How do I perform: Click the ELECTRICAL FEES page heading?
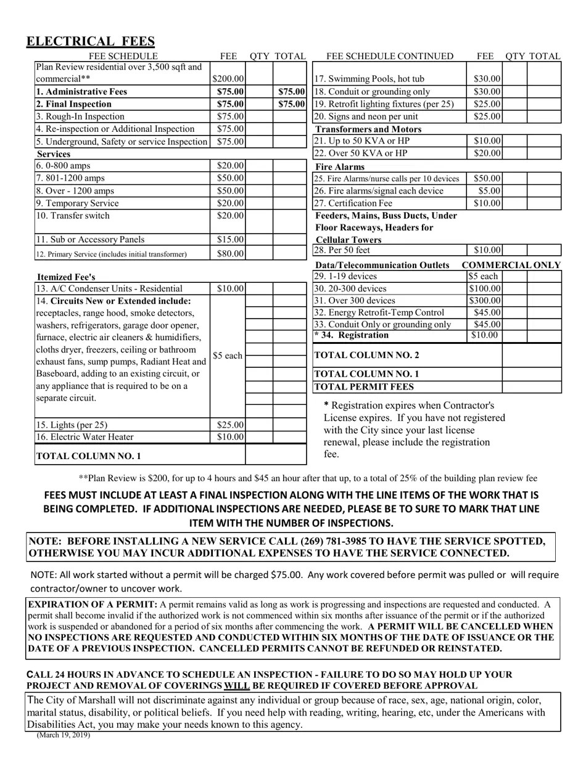(90, 41)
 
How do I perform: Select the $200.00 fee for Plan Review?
(228, 79)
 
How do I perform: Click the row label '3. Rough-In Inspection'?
(80, 116)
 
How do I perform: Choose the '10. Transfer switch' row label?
(73, 216)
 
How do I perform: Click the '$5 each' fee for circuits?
(228, 356)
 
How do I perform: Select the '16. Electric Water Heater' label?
(85, 437)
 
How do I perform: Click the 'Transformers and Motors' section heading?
(368, 129)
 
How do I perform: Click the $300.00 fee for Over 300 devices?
(484, 301)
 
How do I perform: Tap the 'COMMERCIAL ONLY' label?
(511, 265)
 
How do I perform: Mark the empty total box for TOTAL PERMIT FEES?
(531, 387)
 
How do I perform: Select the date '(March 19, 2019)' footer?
(63, 735)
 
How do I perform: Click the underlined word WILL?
(237, 685)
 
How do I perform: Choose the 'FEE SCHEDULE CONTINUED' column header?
(390, 57)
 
